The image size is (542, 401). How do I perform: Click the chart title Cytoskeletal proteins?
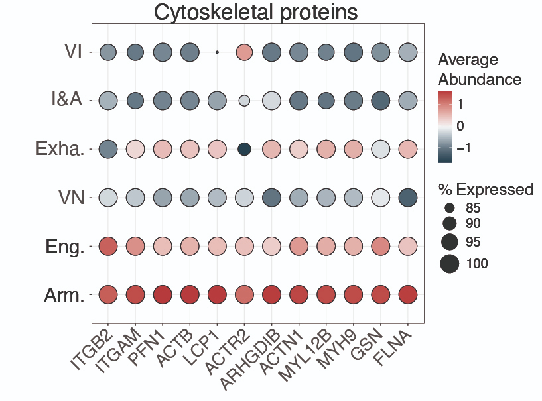pos(256,12)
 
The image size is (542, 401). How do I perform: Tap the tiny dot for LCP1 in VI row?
pos(217,52)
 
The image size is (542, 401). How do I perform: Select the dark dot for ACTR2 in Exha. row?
pos(244,149)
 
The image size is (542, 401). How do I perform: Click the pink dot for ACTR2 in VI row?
pos(244,52)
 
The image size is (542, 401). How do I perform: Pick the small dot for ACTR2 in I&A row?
pos(244,101)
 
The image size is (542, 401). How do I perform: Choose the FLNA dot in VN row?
pos(407,198)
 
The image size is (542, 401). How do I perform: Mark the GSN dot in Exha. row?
pos(380,149)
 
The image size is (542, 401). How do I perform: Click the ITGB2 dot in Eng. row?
pos(107,246)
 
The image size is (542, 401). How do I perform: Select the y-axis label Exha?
pos(60,149)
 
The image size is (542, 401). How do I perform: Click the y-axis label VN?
pos(70,198)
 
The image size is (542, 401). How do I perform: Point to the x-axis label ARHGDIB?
pos(253,355)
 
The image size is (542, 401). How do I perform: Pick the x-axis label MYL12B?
pos(306,355)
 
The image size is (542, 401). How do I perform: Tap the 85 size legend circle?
pos(450,207)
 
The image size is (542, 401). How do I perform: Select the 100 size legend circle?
pos(450,264)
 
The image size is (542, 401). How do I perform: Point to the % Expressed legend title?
pos(486,190)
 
